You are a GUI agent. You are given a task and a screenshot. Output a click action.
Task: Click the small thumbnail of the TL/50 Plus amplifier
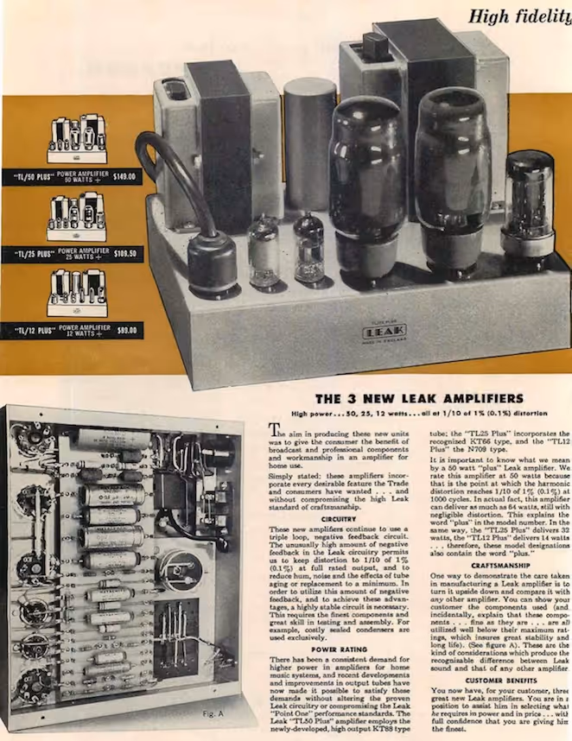77,138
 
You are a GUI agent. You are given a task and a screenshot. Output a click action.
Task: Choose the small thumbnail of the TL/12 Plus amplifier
77,294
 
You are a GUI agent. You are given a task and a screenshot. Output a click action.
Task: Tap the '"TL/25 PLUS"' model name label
35,255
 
